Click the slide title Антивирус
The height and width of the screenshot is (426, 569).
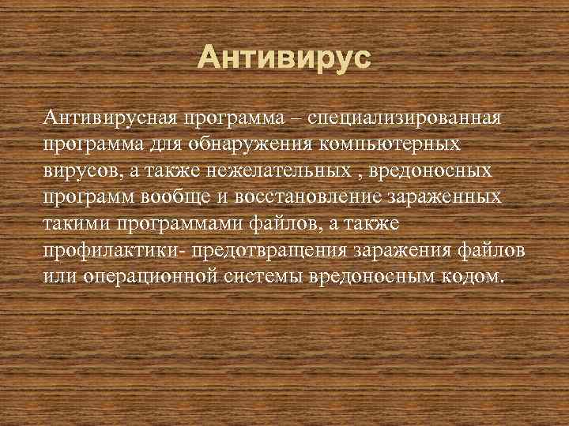click(x=284, y=58)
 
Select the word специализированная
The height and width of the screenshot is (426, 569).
click(x=405, y=118)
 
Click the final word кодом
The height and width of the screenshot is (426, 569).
click(x=477, y=278)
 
